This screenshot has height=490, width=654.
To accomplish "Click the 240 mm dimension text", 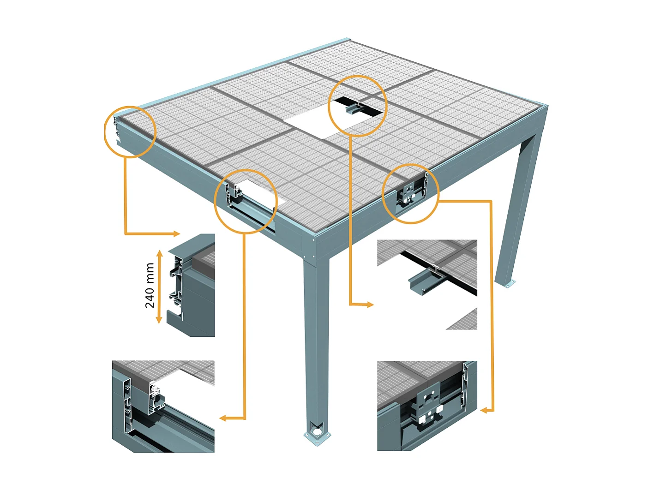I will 150,285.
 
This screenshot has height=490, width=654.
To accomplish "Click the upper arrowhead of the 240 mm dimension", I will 159,253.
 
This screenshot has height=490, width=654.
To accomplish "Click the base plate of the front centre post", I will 317,435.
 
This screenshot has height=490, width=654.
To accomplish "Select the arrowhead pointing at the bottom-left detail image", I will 222,418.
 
